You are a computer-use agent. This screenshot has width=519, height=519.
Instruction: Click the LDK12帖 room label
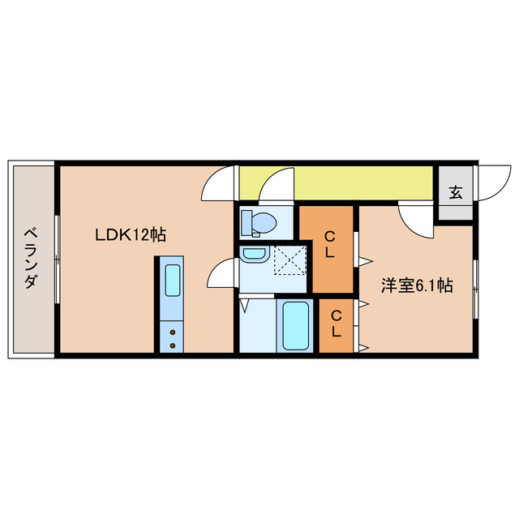click(x=130, y=235)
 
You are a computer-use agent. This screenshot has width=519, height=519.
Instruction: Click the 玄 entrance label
click(x=456, y=193)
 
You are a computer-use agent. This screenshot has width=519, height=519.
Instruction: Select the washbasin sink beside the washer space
click(x=254, y=255)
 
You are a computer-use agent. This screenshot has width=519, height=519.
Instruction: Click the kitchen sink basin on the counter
click(x=173, y=280)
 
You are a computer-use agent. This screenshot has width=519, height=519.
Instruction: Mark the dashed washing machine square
click(x=287, y=261)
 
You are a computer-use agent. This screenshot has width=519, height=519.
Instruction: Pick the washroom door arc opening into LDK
click(x=221, y=273)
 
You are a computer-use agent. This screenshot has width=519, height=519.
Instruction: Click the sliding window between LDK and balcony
click(x=56, y=259)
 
